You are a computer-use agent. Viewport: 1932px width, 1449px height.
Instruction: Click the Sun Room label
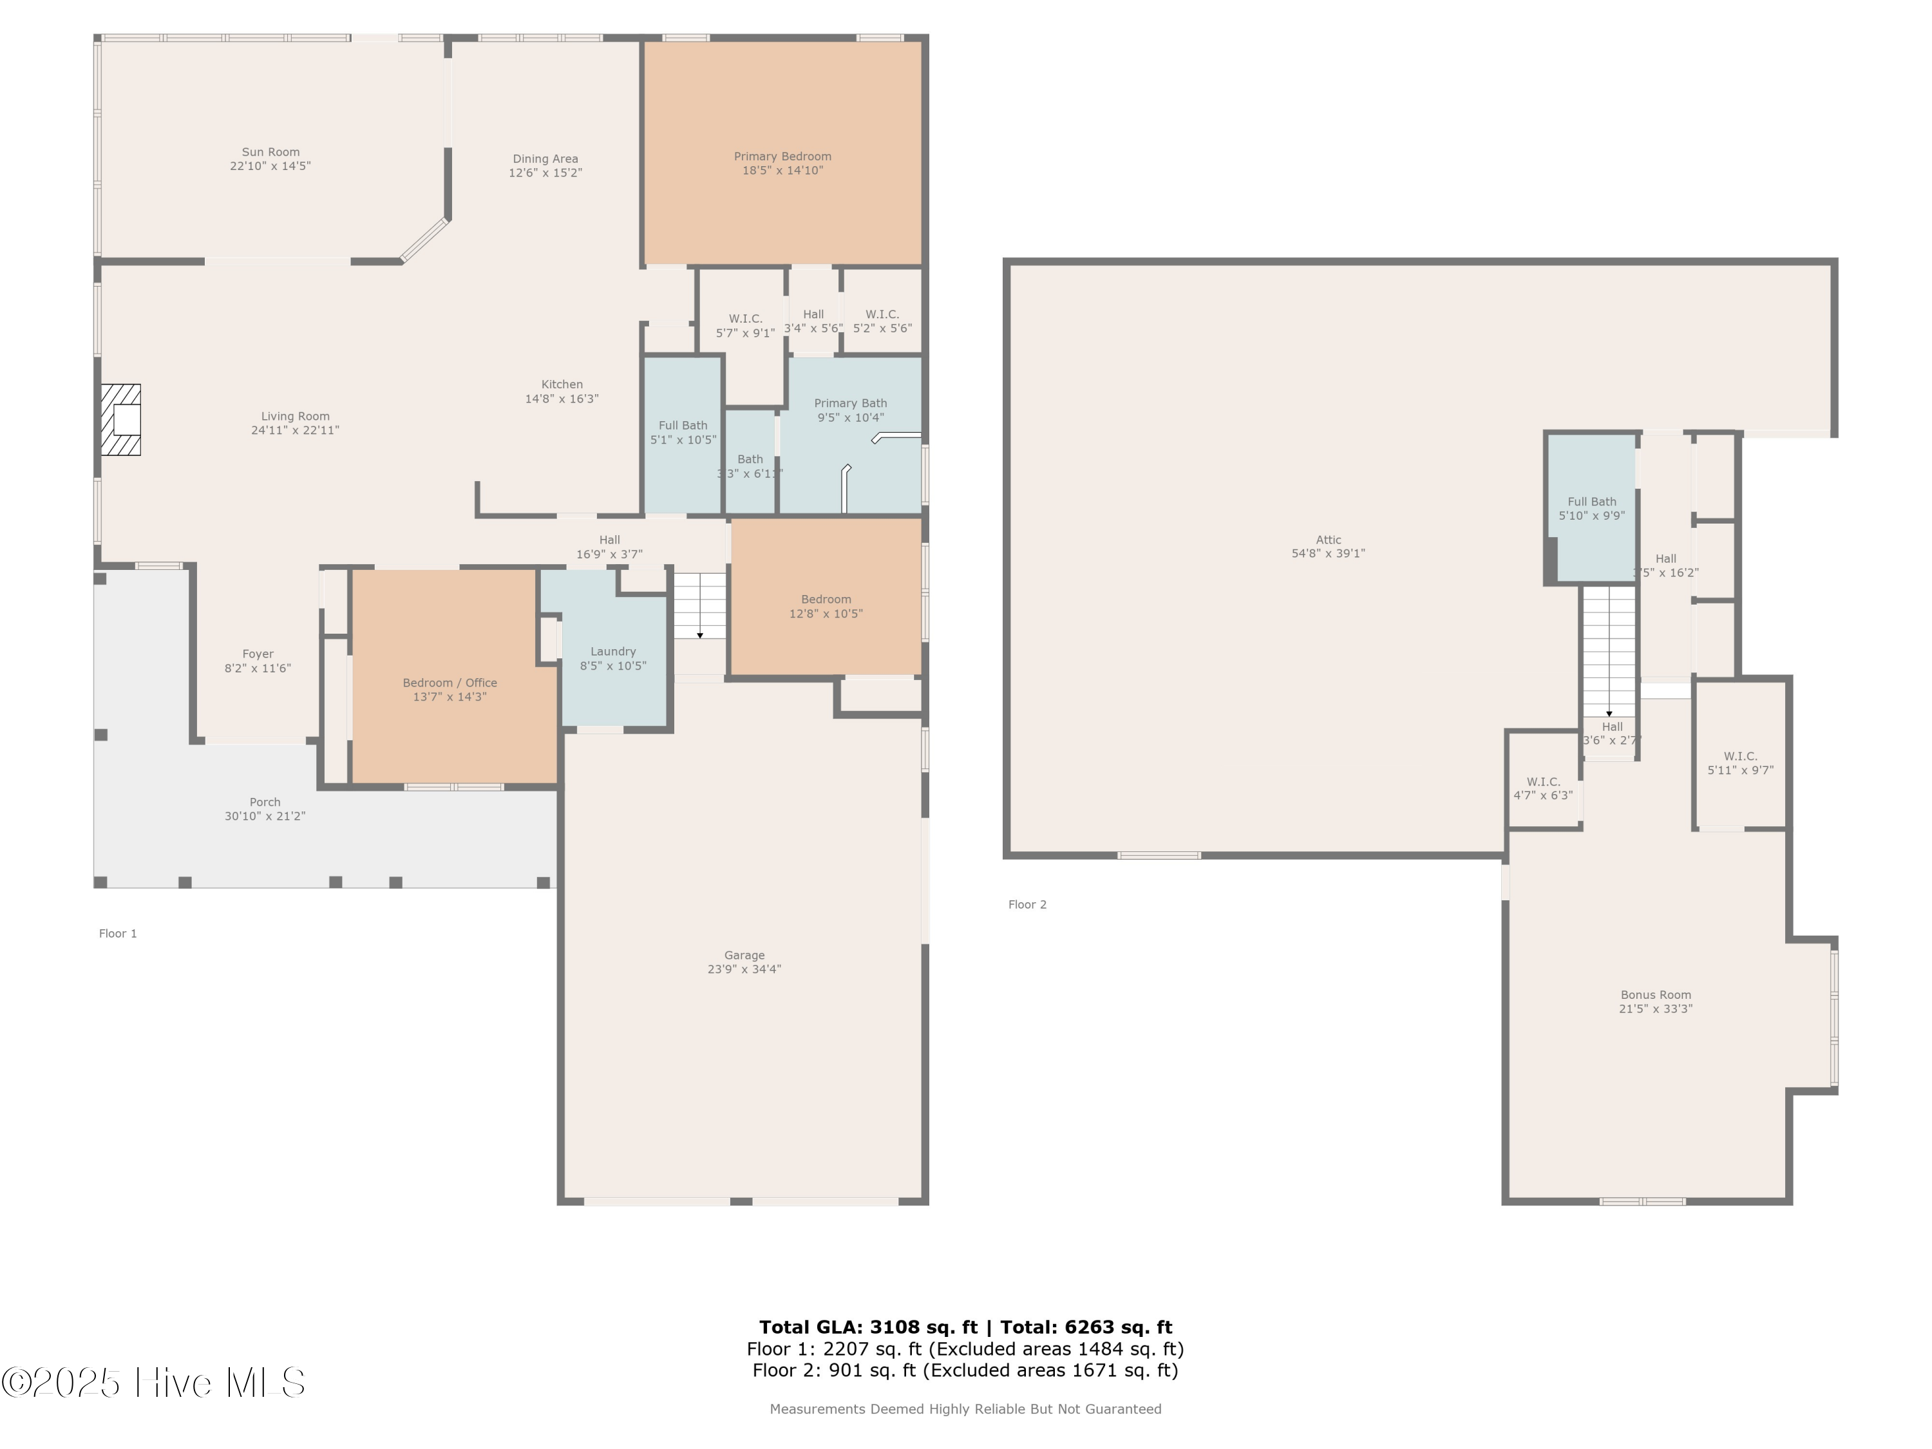[270, 152]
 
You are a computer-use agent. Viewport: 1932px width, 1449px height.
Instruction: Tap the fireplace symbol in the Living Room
[120, 420]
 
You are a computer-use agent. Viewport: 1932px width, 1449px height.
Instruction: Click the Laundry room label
[612, 652]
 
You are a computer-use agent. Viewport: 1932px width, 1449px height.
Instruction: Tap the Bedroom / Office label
[450, 683]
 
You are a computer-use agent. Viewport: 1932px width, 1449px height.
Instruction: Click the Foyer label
[258, 654]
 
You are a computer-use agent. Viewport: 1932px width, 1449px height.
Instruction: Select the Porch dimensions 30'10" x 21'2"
[265, 817]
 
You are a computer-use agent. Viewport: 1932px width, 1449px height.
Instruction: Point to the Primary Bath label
[850, 404]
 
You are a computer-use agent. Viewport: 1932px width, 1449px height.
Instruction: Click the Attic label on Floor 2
[1327, 540]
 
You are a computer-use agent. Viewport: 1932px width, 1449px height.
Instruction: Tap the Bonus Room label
[1655, 995]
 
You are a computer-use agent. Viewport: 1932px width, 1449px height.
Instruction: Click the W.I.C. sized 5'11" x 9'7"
[1740, 763]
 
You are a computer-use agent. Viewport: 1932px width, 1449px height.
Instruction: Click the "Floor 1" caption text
[118, 934]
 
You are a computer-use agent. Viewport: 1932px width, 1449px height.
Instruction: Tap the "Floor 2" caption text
[1027, 905]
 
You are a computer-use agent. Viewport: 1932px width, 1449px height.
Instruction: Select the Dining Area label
[545, 159]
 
